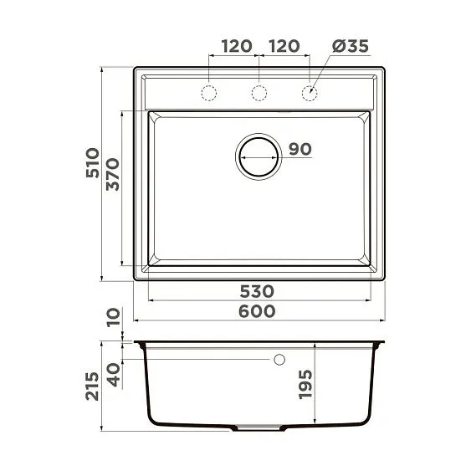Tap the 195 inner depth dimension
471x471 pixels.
tap(306, 384)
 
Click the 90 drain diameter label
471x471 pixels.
tap(299, 149)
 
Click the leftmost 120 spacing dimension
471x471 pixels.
tap(234, 47)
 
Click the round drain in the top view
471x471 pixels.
tap(259, 156)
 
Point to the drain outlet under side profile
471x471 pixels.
tap(259, 427)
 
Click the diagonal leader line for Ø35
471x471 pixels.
tap(322, 75)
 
